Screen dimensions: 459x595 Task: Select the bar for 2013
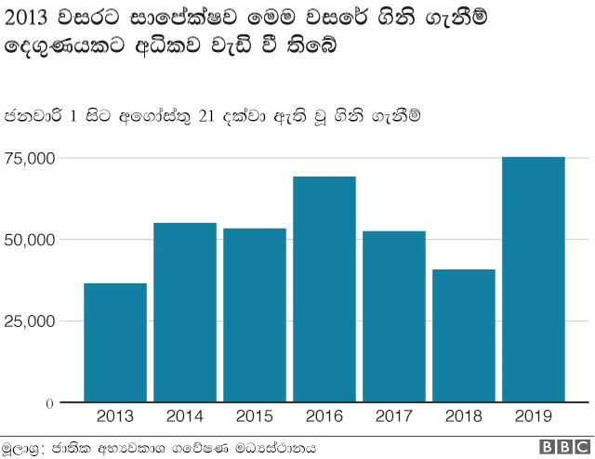point(114,343)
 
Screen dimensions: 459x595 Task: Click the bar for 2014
point(184,312)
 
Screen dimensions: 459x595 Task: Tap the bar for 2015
point(254,315)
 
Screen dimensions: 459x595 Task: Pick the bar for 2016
point(324,289)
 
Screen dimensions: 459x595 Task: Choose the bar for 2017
point(393,317)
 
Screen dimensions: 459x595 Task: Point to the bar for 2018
point(463,335)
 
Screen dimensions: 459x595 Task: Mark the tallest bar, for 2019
point(533,280)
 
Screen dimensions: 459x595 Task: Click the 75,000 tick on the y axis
point(30,158)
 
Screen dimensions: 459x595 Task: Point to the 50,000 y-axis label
point(30,240)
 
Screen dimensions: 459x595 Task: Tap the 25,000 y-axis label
point(30,321)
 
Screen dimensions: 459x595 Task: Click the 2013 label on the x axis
point(114,417)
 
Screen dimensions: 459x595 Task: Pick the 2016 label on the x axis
point(324,417)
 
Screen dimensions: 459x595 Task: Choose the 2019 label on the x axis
point(533,417)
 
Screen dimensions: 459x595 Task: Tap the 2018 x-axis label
point(463,417)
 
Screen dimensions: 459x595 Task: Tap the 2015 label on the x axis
point(254,417)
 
